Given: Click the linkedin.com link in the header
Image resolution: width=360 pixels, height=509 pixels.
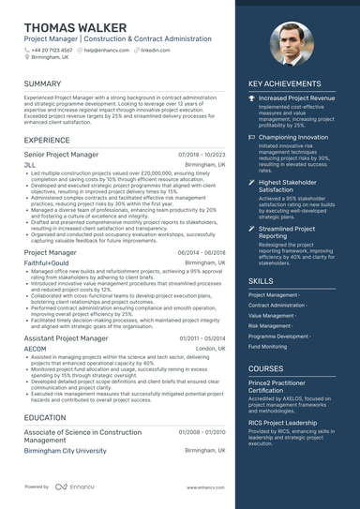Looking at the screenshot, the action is point(156,50).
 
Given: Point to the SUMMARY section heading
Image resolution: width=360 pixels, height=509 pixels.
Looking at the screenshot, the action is point(43,83).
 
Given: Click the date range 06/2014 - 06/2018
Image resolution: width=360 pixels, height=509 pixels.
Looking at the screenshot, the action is point(201,253).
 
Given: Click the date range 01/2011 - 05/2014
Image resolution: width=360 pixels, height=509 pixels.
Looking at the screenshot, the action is point(201,337).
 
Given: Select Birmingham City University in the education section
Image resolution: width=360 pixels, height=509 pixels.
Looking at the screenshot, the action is point(65,450).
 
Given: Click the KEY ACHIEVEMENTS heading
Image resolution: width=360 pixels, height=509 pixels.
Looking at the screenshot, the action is point(285,83).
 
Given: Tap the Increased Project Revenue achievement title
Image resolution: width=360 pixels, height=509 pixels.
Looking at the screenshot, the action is point(296,97).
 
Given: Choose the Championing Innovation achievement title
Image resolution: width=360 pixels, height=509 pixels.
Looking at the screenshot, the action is point(293,137).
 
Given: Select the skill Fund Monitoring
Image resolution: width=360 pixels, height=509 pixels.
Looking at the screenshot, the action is point(268,346).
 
